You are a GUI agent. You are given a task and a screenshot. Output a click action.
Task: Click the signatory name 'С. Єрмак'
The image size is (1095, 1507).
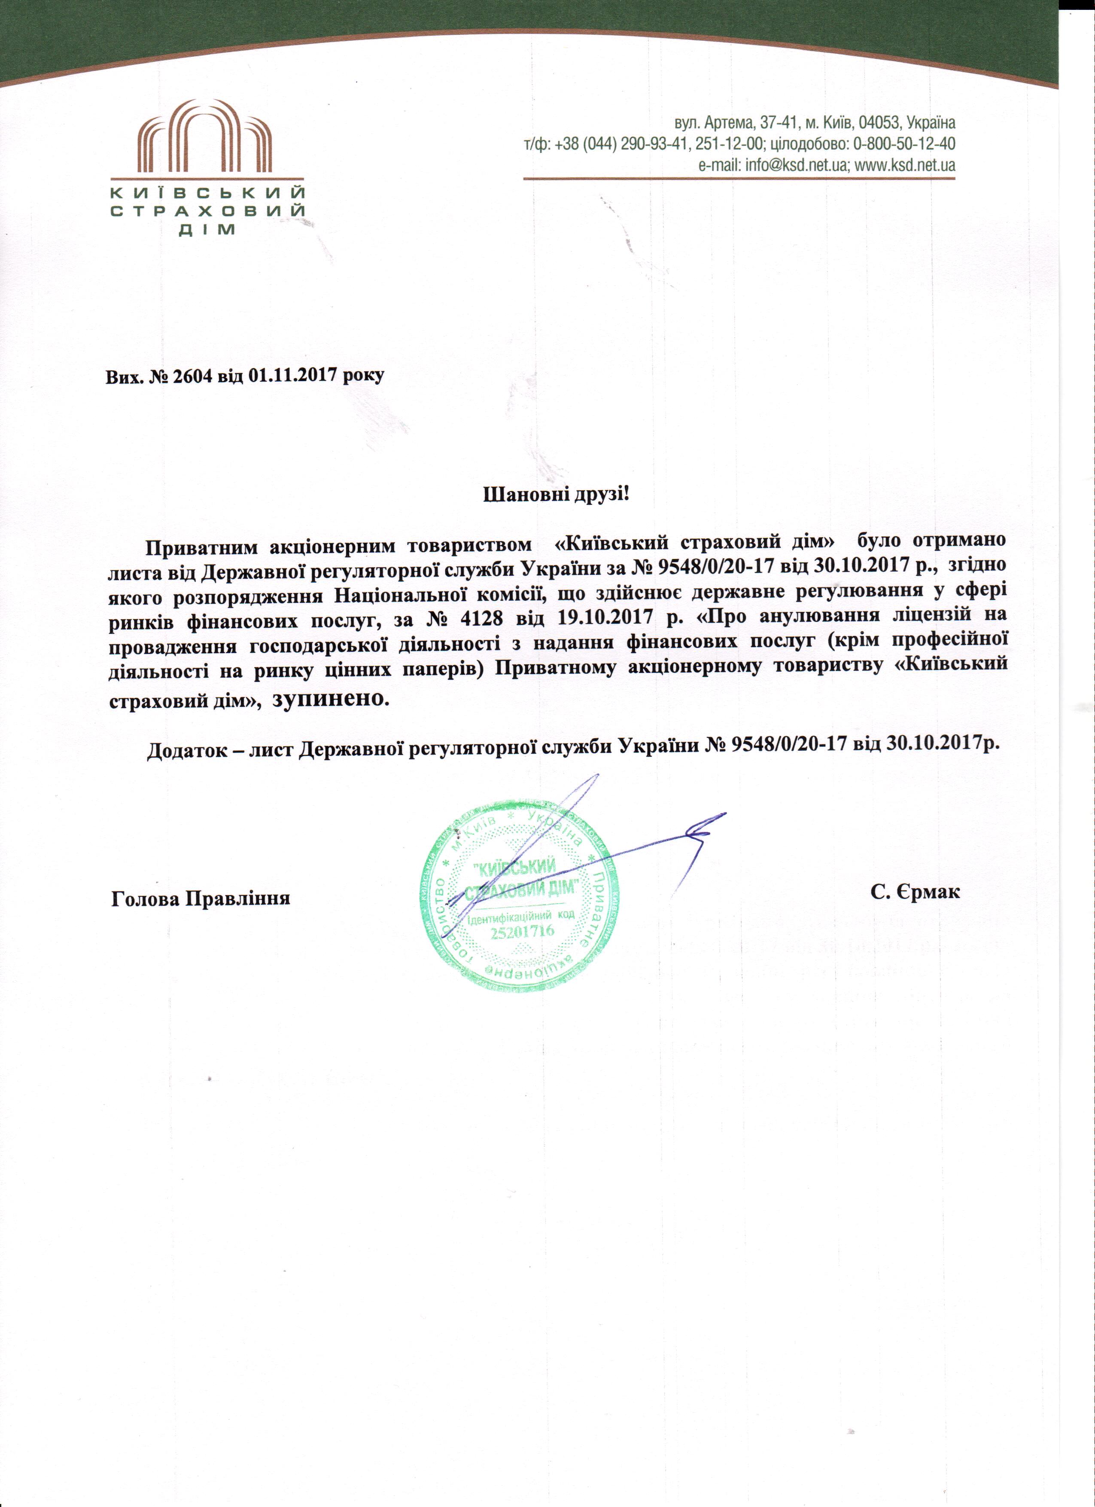point(915,892)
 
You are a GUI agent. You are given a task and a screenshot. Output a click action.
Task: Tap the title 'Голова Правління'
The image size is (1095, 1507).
point(201,899)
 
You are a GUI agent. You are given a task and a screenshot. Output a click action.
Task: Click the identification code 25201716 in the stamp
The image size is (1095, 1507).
point(523,932)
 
